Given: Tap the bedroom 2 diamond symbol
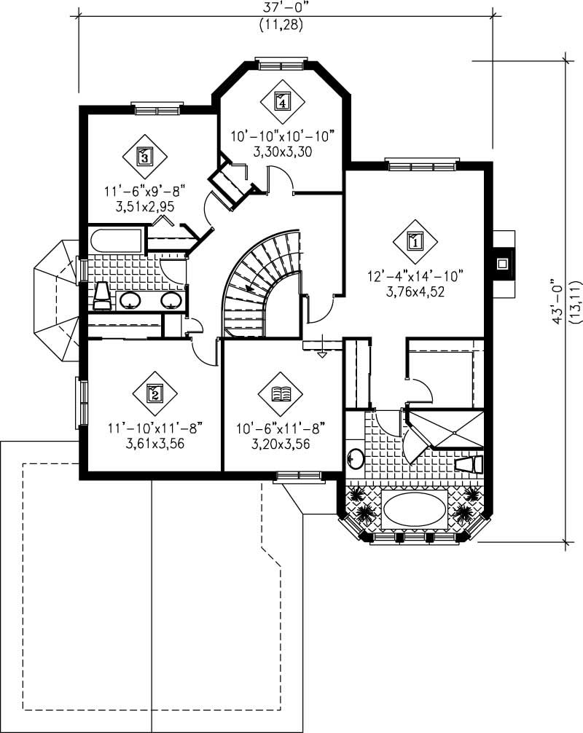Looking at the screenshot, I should tap(154, 393).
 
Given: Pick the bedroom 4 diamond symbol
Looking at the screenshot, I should tap(282, 101).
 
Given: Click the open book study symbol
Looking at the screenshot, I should tap(281, 394).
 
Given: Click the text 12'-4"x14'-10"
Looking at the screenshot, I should tap(415, 275).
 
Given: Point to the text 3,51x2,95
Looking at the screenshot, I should tap(145, 207).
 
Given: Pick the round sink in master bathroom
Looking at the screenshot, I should tap(356, 458).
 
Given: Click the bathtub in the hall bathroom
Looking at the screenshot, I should tap(117, 240).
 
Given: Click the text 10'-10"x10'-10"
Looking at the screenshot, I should tap(282, 135).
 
